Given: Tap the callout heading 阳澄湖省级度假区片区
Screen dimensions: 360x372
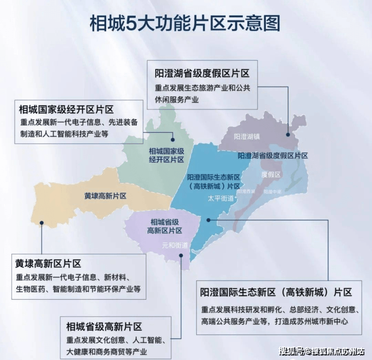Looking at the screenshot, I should point(202,73).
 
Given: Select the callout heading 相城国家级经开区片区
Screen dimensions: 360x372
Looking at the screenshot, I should point(66,109).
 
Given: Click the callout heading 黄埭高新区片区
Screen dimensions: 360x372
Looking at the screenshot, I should point(48,263).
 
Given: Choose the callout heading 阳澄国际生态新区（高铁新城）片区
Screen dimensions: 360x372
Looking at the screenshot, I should point(276,292).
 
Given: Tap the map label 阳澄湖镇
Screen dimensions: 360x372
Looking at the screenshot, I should point(247,136).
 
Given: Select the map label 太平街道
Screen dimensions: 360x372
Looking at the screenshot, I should point(221,198).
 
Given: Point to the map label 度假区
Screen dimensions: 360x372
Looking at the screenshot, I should point(271,174).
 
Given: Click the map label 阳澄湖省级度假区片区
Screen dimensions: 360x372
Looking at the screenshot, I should point(272,156).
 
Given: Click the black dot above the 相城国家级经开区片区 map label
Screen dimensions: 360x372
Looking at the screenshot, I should point(172,140).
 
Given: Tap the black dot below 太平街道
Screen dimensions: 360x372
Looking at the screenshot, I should point(209,220).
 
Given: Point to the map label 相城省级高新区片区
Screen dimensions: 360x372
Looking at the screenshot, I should point(164,226).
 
